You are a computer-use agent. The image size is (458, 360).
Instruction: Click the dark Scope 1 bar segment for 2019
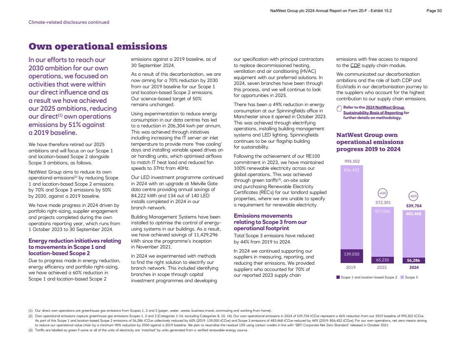coord(352,256)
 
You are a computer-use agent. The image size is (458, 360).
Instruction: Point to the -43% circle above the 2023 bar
coord(382,193)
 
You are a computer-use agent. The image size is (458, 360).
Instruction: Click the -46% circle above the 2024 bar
coord(413,196)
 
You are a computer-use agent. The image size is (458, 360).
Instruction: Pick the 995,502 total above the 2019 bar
coord(352,161)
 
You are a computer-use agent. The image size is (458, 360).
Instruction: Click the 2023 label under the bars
coord(382,268)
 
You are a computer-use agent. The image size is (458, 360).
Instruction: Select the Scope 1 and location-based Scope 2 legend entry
coord(366,277)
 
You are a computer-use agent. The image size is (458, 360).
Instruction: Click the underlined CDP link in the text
coord(355,65)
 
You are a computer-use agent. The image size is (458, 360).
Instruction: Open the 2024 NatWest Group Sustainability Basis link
coord(373,113)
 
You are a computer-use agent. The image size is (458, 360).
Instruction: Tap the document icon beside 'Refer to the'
coord(339,109)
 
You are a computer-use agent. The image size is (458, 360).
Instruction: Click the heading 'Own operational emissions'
coord(97,46)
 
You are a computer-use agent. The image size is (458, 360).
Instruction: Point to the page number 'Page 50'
coord(434,11)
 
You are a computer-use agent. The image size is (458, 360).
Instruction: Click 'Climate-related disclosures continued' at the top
coord(69,22)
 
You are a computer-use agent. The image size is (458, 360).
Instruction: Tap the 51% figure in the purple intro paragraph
coord(75,125)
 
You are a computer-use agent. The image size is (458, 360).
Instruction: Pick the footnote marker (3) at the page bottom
coord(30,330)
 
